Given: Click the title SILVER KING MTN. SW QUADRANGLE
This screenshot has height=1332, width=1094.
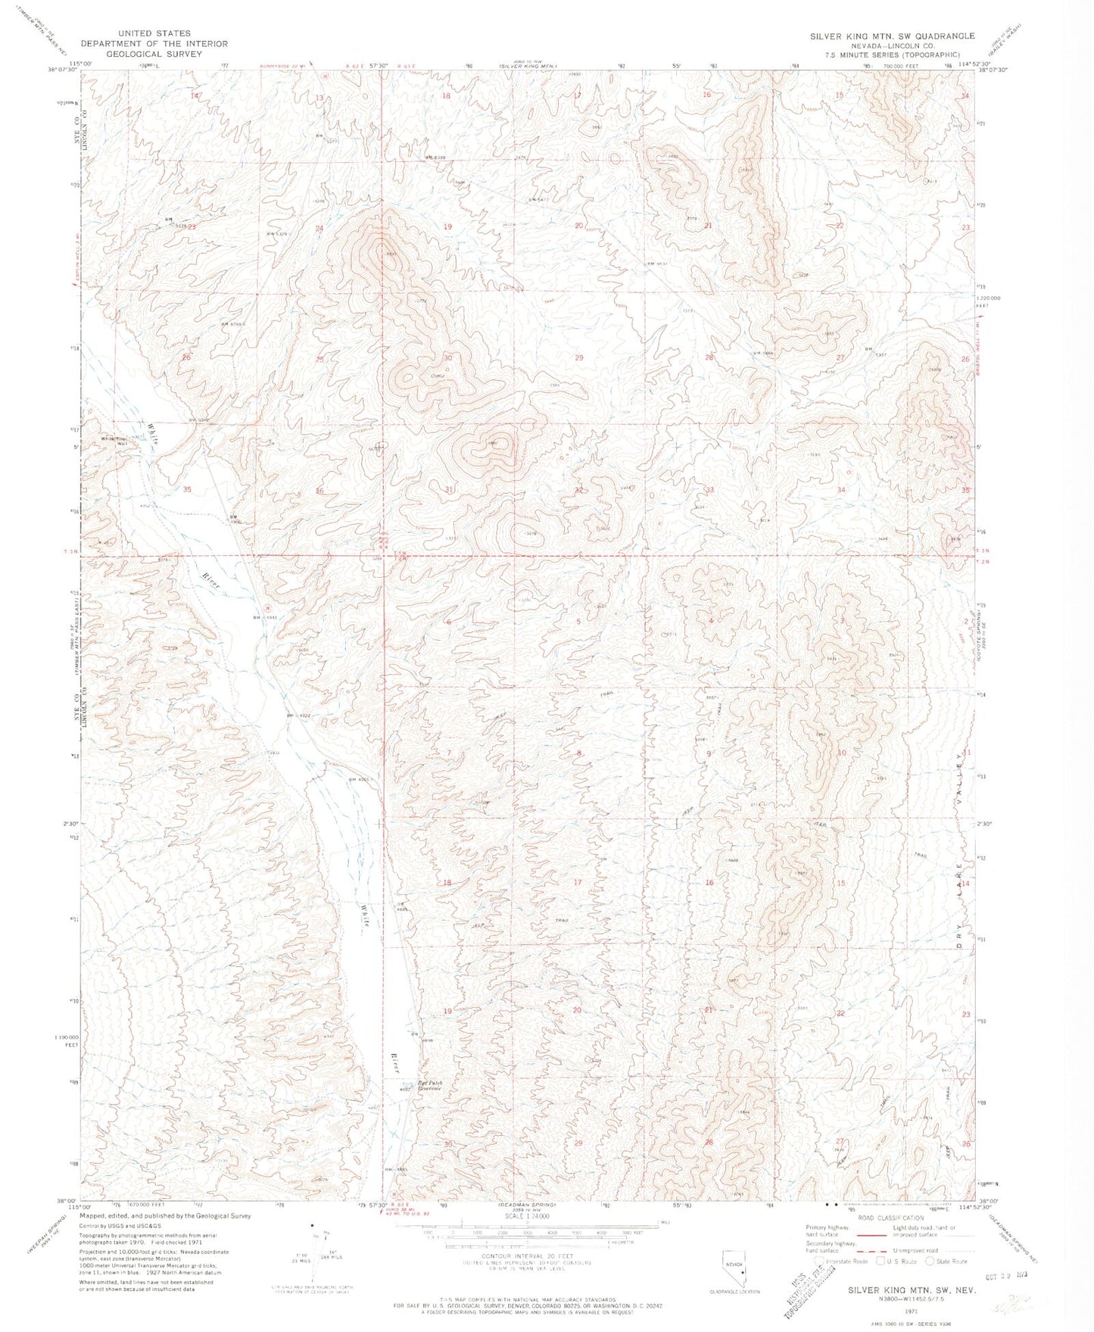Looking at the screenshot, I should pyautogui.click(x=892, y=36).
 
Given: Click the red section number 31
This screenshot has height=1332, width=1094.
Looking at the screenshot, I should pyautogui.click(x=450, y=490).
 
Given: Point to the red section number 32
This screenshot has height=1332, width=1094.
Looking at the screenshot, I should pyautogui.click(x=579, y=491).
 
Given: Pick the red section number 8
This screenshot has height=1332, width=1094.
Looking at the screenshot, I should pyautogui.click(x=579, y=753).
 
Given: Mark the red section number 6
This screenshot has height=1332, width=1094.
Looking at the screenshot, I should pyautogui.click(x=449, y=622).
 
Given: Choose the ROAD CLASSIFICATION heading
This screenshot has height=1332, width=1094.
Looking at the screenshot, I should pyautogui.click(x=880, y=1218).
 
